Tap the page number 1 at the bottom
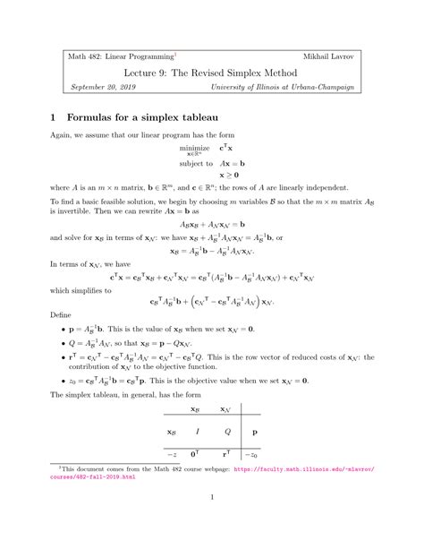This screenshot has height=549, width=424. click(212, 522)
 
